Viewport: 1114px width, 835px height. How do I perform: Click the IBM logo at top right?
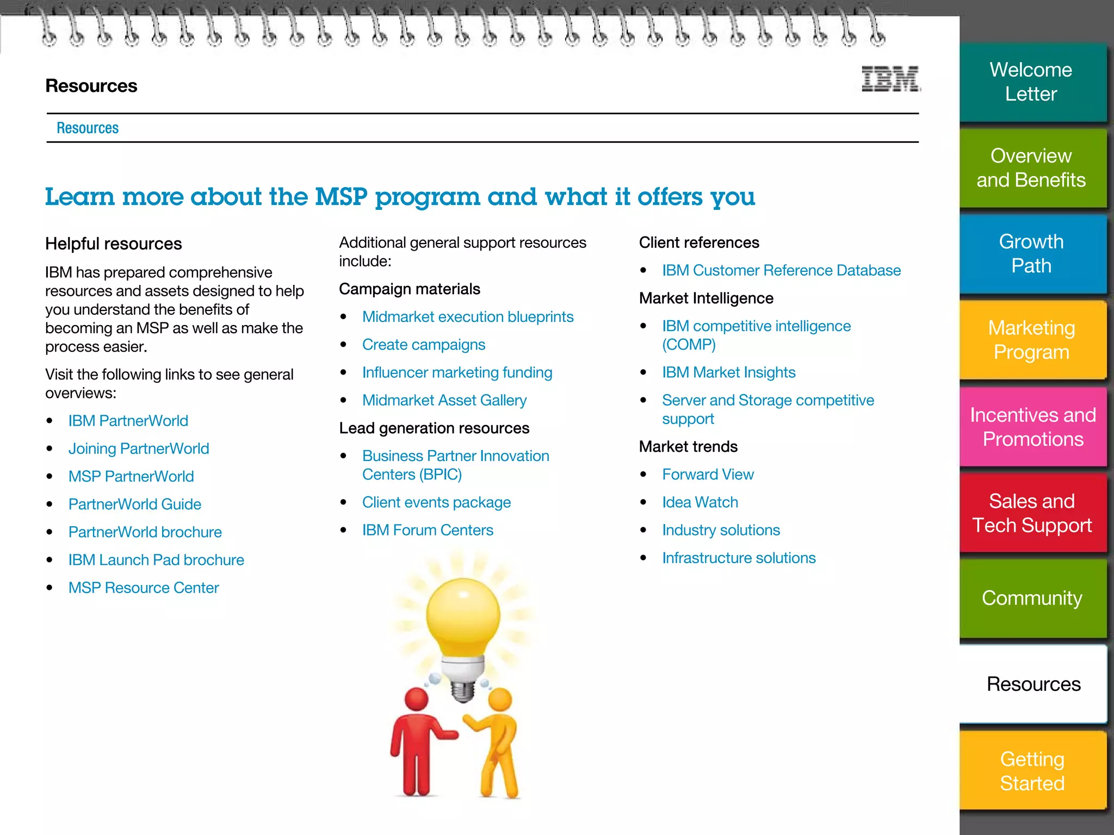pyautogui.click(x=890, y=79)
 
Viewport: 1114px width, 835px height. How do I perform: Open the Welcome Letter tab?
pyautogui.click(x=1031, y=82)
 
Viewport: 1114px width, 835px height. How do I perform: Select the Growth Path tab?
pyautogui.click(x=1031, y=254)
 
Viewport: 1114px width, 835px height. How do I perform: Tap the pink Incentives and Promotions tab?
pyautogui.click(x=1032, y=427)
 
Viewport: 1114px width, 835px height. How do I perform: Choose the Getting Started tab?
pyautogui.click(x=1032, y=771)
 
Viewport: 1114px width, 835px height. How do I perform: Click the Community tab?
pyautogui.click(x=1031, y=598)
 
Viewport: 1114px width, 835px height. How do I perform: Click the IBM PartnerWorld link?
pyautogui.click(x=128, y=421)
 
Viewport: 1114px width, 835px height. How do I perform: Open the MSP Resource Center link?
pyautogui.click(x=144, y=588)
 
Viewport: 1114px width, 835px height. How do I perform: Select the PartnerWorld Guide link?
pyautogui.click(x=135, y=504)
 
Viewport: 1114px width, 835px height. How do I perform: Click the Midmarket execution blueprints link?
pyautogui.click(x=468, y=317)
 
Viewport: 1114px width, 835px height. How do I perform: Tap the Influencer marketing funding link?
pyautogui.click(x=457, y=372)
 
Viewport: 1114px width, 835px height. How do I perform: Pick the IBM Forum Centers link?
pyautogui.click(x=428, y=530)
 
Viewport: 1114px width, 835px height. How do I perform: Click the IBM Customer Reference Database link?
pyautogui.click(x=781, y=270)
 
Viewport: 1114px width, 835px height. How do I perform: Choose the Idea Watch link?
pyautogui.click(x=700, y=502)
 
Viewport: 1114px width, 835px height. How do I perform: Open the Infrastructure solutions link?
pyautogui.click(x=739, y=558)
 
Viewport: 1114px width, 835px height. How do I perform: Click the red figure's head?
pyautogui.click(x=417, y=699)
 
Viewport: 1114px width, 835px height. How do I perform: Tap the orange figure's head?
pyautogui.click(x=500, y=699)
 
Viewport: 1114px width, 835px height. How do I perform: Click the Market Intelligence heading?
pyautogui.click(x=706, y=298)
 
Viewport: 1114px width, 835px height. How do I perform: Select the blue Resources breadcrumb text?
pyautogui.click(x=88, y=128)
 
